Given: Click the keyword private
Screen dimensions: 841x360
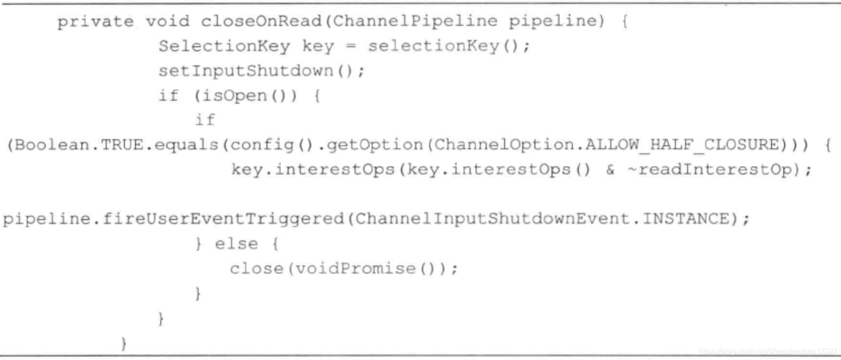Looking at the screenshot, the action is [95, 22].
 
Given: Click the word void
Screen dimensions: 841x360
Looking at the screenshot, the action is [168, 21].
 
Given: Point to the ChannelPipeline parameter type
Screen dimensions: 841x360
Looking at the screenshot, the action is [415, 21].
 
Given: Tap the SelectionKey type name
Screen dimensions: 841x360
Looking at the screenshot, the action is [224, 46].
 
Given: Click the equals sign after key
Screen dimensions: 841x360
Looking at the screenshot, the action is [351, 46].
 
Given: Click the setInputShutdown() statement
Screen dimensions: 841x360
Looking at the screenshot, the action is [261, 71].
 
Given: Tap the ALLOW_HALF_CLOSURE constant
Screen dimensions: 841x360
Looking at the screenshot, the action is [682, 145].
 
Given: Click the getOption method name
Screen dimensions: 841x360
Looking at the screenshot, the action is [375, 145].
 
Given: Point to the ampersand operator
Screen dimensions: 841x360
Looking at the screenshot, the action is [610, 170].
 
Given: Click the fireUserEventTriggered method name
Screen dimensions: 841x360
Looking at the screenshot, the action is [223, 219].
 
